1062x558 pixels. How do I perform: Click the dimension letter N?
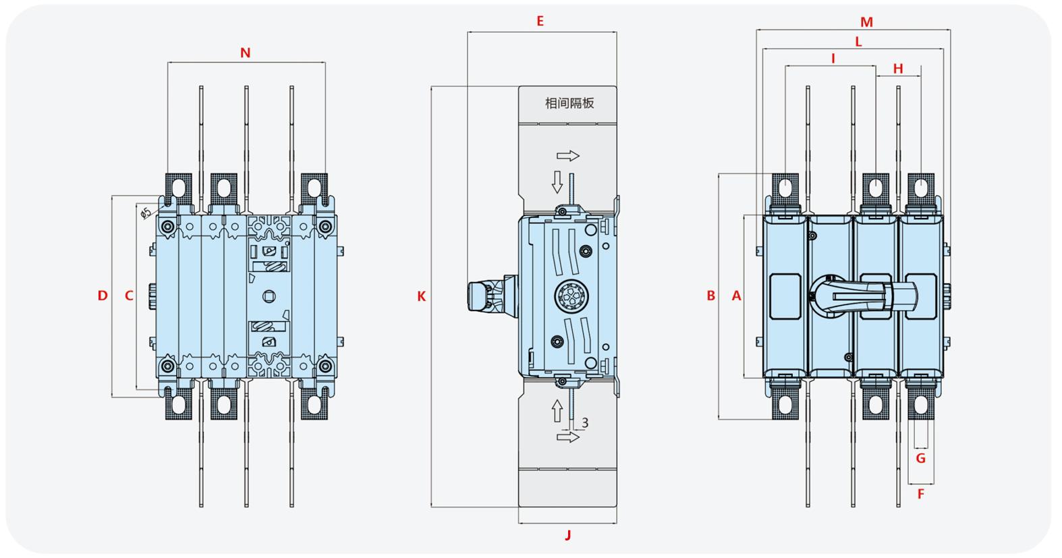click(246, 53)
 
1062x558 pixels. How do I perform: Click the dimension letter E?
click(540, 22)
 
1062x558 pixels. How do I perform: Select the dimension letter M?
click(866, 22)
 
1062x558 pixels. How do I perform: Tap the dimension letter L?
click(858, 42)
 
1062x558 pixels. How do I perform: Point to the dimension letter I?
click(833, 59)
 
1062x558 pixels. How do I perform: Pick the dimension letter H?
click(898, 69)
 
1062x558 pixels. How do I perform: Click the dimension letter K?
click(422, 296)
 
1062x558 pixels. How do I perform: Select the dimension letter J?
click(568, 535)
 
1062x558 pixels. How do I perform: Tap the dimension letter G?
click(920, 458)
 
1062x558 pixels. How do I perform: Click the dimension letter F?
click(921, 495)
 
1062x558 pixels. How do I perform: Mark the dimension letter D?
click(103, 296)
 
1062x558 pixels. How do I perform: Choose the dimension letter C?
click(129, 296)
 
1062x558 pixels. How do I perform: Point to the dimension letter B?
click(710, 296)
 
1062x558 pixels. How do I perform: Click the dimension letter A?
click(736, 296)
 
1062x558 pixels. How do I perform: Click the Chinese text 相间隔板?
click(569, 103)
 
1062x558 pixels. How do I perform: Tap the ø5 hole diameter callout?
click(146, 213)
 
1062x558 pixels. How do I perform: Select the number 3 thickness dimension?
click(585, 423)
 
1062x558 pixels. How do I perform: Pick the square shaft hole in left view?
click(269, 296)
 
